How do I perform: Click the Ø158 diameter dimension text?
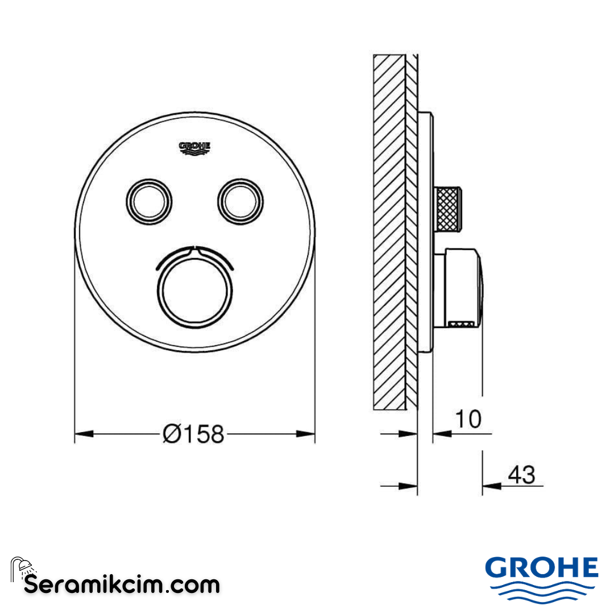[x=194, y=435]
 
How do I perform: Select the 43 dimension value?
[x=522, y=474]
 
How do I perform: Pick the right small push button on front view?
[x=240, y=200]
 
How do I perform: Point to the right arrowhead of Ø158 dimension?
[x=306, y=434]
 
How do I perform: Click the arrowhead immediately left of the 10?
[x=442, y=434]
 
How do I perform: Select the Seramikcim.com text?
[x=122, y=584]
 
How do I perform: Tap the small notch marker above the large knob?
[x=194, y=248]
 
